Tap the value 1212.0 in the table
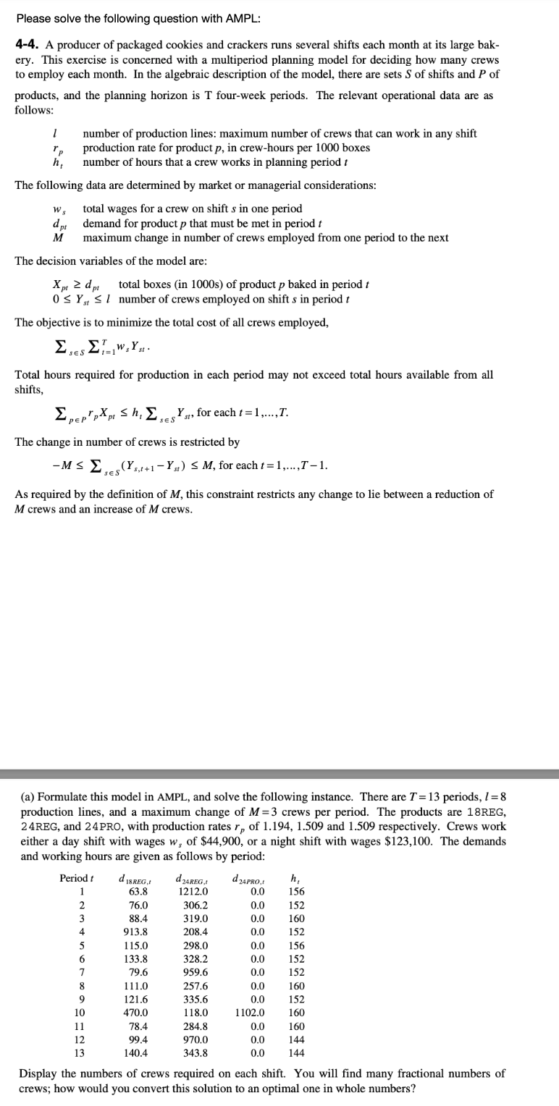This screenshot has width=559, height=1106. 195,892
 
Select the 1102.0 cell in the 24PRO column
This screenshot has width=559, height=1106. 251,1013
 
